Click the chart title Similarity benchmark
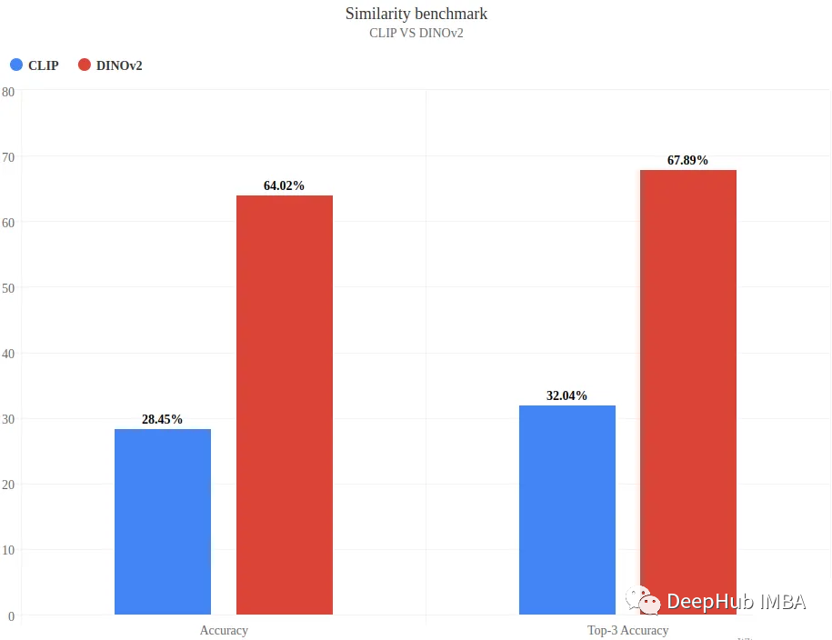(x=416, y=14)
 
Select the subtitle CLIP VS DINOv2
(x=416, y=34)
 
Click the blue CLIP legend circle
(x=16, y=65)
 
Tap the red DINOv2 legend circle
(x=85, y=65)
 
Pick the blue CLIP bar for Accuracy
(x=163, y=522)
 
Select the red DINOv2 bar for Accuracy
(x=285, y=405)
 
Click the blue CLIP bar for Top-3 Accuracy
(x=567, y=510)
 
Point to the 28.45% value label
(x=162, y=419)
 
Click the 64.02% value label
(x=284, y=185)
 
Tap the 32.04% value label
(x=566, y=395)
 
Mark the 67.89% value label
(x=687, y=160)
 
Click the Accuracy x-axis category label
(x=224, y=630)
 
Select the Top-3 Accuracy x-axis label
(x=627, y=630)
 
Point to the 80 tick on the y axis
(x=8, y=91)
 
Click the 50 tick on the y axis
(x=8, y=287)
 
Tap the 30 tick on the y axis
(x=8, y=419)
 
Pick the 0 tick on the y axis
(x=11, y=615)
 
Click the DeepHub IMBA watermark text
(x=736, y=601)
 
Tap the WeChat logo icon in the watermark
(x=642, y=600)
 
